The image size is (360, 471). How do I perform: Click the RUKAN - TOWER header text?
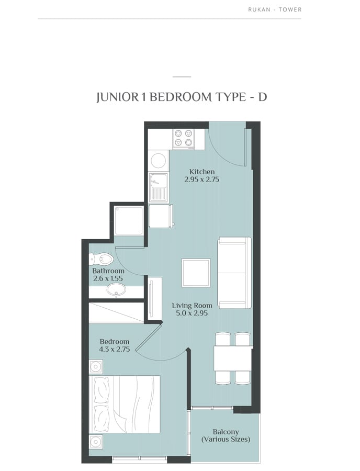[275, 9]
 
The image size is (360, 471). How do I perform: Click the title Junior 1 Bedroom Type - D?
[182, 97]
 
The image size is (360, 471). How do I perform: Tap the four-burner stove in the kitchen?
[184, 139]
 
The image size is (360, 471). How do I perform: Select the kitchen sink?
[158, 187]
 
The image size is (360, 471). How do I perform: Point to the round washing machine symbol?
[158, 160]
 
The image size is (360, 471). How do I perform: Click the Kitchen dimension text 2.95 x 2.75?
[202, 180]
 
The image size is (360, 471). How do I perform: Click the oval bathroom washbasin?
[116, 290]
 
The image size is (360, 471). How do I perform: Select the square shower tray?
[129, 220]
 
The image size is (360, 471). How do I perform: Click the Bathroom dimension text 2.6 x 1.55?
[108, 278]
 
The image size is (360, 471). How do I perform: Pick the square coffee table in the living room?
[196, 273]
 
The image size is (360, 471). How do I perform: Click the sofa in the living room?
[234, 273]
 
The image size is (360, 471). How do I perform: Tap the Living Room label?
[192, 306]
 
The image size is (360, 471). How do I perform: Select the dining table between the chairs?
[233, 358]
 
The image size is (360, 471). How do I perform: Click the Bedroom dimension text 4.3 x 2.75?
[115, 349]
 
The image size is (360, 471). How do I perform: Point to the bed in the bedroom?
[125, 404]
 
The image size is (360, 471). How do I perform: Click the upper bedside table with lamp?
[96, 366]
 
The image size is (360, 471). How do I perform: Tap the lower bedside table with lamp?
[96, 442]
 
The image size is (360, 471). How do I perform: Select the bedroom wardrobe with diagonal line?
[116, 313]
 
